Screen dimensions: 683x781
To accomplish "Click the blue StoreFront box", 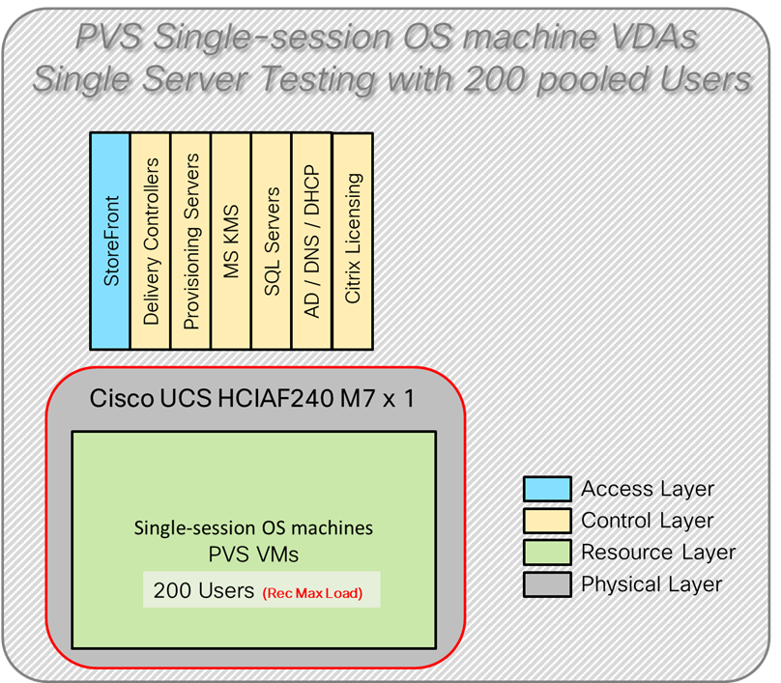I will [110, 241].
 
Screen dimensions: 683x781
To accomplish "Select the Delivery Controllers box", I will [151, 241].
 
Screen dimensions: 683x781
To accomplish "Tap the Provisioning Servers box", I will [190, 241].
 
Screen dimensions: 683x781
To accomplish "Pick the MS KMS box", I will [231, 241].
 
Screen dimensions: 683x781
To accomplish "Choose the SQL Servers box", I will [272, 241].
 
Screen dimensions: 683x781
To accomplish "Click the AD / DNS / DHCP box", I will [311, 241].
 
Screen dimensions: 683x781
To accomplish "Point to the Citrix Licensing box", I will [352, 241].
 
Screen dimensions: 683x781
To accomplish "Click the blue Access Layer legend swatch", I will [546, 489].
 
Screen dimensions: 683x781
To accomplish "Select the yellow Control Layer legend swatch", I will [546, 521].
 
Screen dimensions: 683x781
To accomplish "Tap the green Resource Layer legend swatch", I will [546, 553].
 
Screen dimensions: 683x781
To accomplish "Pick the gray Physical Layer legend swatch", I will [546, 584].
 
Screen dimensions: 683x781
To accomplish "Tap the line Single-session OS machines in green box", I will [253, 529].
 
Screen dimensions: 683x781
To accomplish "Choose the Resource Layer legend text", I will [657, 553].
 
